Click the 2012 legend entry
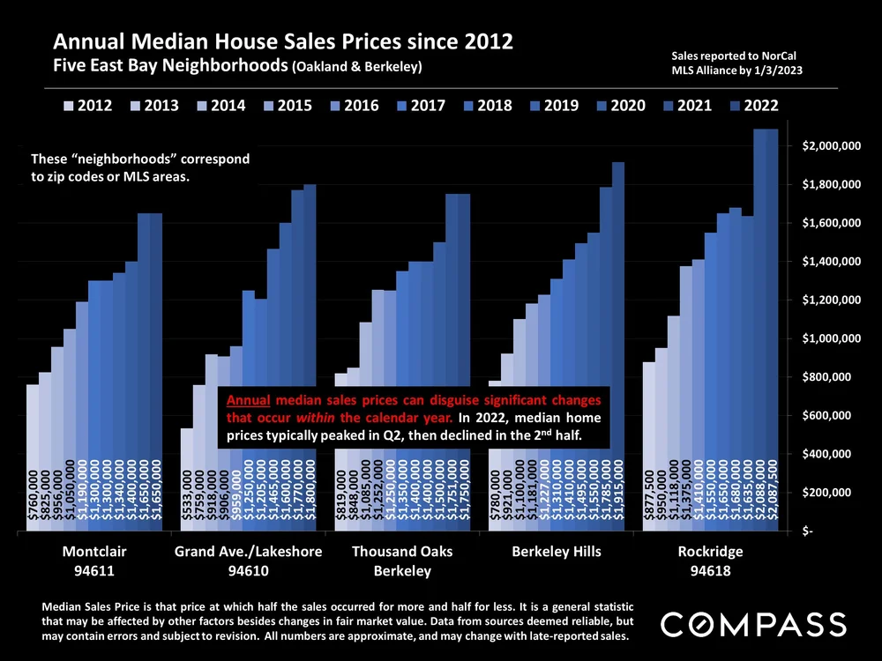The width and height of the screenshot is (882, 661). click(89, 106)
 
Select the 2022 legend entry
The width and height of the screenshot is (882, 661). click(755, 106)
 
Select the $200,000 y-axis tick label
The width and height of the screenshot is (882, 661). click(841, 493)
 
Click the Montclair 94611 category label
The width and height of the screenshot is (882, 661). click(95, 561)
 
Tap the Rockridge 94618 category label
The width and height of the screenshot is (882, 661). click(710, 561)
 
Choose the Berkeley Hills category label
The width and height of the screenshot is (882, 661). click(557, 553)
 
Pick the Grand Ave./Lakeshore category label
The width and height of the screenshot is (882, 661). click(250, 553)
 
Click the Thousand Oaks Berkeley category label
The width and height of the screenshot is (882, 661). click(402, 561)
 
